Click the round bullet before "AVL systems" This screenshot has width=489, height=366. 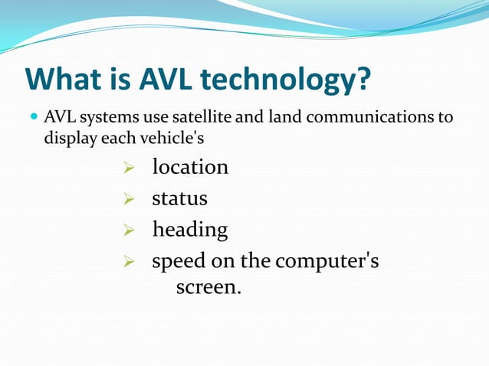point(33,118)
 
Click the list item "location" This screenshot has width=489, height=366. point(190,167)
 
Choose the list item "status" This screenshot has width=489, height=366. point(179,198)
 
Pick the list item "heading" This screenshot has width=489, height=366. point(190,230)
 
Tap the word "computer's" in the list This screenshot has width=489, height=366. point(327,261)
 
